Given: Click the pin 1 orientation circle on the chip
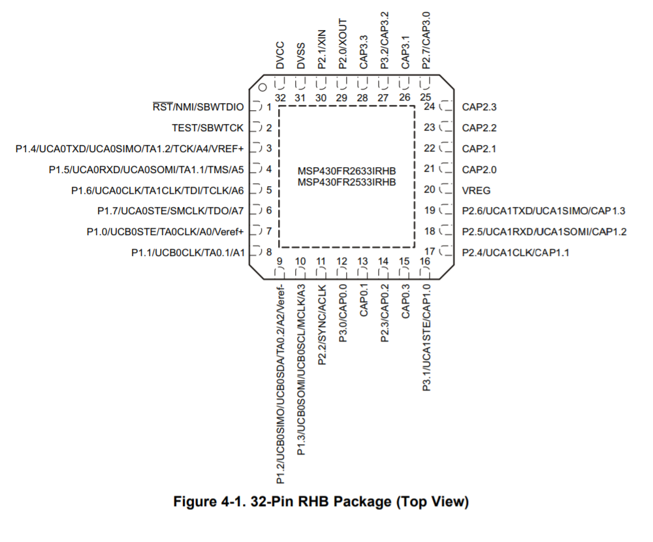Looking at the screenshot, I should click(x=262, y=88).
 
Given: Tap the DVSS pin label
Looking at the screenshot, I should click(x=301, y=56).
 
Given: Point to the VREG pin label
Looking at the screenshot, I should click(x=476, y=190).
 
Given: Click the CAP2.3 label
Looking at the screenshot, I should click(x=479, y=106).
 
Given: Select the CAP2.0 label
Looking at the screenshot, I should click(x=479, y=169).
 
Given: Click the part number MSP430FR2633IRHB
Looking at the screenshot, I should click(x=347, y=172).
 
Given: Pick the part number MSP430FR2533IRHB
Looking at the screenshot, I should click(x=347, y=182).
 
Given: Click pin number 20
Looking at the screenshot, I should click(x=429, y=190).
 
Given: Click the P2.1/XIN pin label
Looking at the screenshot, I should click(x=322, y=47).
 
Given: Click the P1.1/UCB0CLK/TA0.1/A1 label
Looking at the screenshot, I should click(x=187, y=253).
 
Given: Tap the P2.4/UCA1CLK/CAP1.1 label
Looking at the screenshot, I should click(x=515, y=253).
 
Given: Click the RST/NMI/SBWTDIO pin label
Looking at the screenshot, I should click(x=197, y=106).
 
